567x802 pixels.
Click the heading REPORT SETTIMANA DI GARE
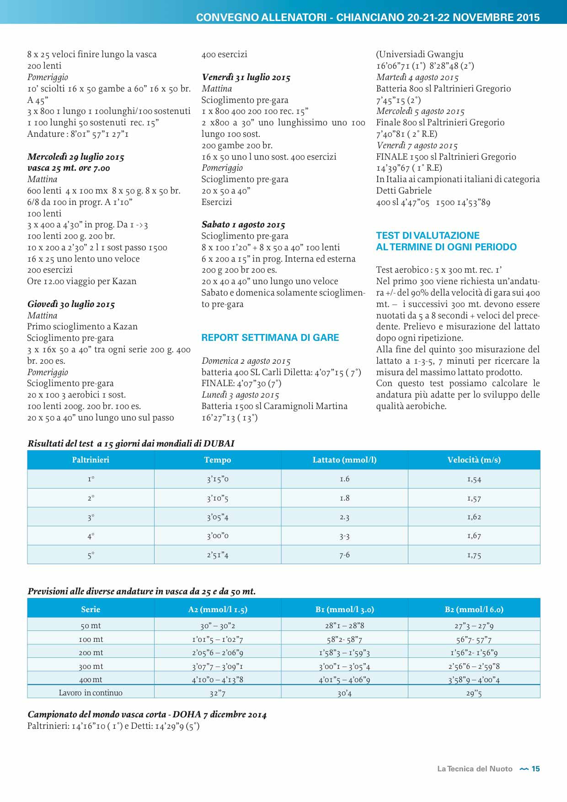click(270, 338)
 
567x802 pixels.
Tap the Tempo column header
click(218, 460)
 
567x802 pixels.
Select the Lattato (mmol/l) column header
click(344, 460)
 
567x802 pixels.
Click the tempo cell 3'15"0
click(218, 479)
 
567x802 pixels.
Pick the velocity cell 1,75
click(474, 555)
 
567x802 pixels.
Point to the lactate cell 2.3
click(344, 517)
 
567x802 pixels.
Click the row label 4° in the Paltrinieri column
click(91, 536)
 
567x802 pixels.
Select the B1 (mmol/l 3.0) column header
click(344, 609)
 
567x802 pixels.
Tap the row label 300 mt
click(91, 667)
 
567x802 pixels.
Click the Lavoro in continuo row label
click(91, 693)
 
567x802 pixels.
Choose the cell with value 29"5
click(474, 693)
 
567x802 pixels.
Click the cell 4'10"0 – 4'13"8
click(218, 680)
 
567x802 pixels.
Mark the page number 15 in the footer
click(535, 769)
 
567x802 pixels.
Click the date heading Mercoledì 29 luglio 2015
click(76, 157)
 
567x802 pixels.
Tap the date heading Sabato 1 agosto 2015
click(243, 225)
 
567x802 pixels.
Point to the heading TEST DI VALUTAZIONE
click(428, 236)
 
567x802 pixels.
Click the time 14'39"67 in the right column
click(393, 168)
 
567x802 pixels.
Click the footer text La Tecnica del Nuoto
click(475, 769)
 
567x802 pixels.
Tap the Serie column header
click(91, 609)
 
